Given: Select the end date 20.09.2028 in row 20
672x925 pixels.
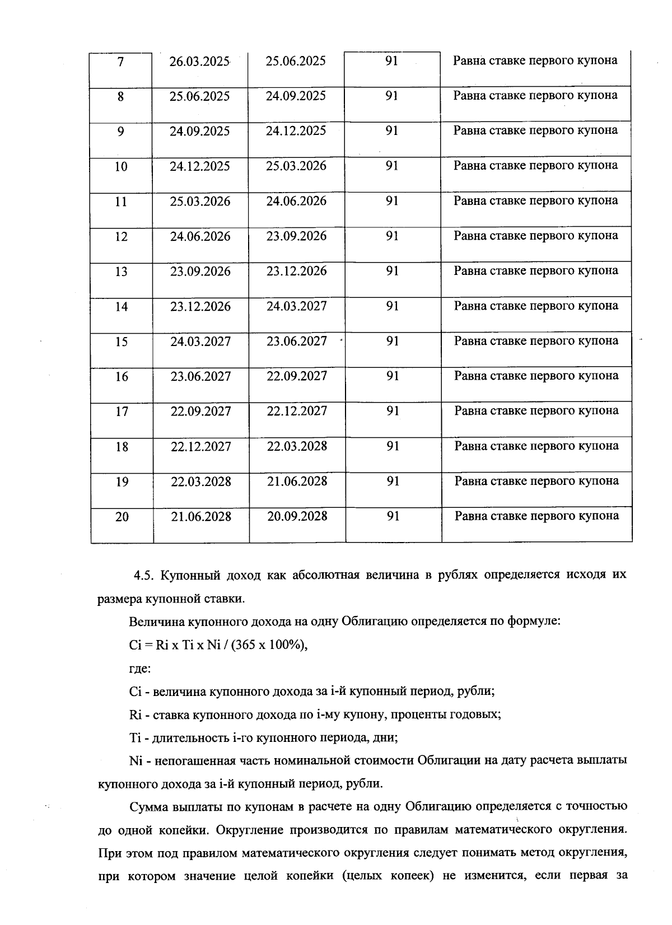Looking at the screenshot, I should [297, 516].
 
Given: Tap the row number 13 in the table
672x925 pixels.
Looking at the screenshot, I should [121, 272].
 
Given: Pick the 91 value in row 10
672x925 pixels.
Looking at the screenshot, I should [392, 166].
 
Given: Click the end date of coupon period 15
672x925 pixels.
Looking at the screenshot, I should [297, 341].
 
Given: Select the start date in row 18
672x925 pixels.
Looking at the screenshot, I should [200, 447].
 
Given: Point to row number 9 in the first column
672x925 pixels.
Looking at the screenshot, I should [121, 131].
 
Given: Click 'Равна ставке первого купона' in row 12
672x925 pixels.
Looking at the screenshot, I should [536, 236].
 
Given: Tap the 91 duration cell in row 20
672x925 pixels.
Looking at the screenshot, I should [393, 516].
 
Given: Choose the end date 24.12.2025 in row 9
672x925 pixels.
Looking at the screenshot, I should [296, 131].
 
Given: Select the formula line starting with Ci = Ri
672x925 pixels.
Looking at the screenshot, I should [218, 645].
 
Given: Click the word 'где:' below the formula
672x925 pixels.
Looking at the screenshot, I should [139, 669].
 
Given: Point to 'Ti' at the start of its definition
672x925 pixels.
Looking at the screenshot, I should [135, 737].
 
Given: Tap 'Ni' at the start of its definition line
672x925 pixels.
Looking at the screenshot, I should [136, 760].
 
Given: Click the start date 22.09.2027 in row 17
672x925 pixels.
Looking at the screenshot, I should [200, 412].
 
